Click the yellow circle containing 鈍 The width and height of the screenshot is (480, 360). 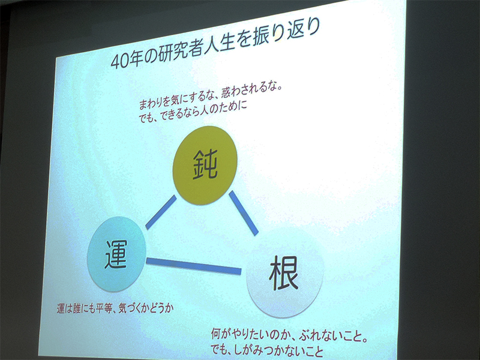click(x=205, y=166)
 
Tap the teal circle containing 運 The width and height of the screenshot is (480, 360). click(x=116, y=254)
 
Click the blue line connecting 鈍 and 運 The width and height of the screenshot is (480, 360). click(x=161, y=212)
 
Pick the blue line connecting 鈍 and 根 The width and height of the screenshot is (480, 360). click(x=244, y=213)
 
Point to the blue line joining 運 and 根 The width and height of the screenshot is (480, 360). click(x=193, y=266)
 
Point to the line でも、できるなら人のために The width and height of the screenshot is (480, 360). click(x=193, y=112)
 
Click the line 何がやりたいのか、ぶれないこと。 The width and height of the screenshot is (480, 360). click(x=289, y=335)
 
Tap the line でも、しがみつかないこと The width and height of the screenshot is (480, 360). click(x=267, y=350)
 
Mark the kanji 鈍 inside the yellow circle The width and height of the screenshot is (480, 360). click(x=205, y=164)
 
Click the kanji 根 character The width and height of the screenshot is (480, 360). click(x=284, y=273)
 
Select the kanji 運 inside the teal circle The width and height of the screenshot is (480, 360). click(x=116, y=254)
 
